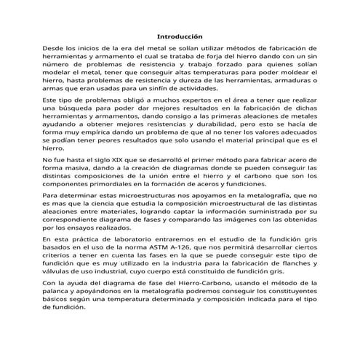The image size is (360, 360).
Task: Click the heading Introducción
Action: [180, 36]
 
